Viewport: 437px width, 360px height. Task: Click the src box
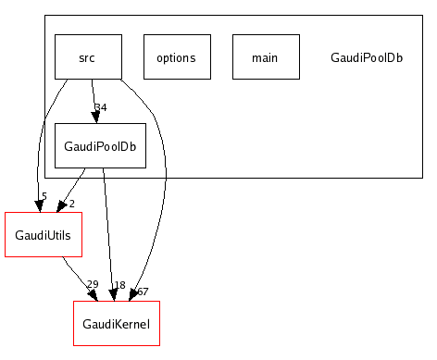coord(88,57)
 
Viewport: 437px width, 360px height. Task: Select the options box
coord(177,57)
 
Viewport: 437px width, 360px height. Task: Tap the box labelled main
coord(265,57)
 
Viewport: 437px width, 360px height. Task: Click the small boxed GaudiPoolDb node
coord(100,146)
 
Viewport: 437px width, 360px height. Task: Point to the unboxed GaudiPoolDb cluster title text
coord(366,57)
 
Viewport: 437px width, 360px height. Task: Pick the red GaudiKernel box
coord(116,323)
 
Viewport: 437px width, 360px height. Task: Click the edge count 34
coord(101,107)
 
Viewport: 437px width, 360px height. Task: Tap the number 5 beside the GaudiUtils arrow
coord(44,196)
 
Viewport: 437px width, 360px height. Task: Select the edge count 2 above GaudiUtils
coord(71,204)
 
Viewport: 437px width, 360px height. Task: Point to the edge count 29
coord(92,285)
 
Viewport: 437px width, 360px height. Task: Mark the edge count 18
coord(119,285)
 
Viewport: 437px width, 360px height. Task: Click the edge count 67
coord(143,292)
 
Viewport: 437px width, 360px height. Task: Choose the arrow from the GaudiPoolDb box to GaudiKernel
coord(108,231)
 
